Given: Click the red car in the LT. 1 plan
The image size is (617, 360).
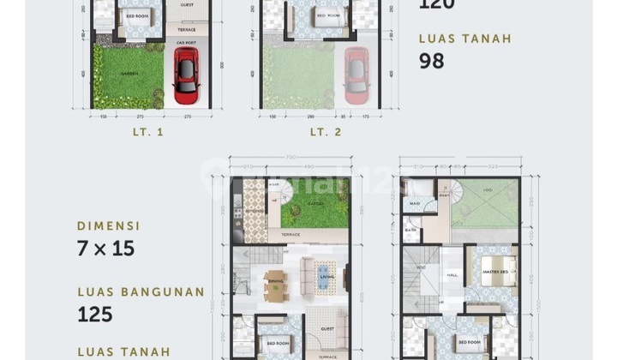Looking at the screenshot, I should point(186,75).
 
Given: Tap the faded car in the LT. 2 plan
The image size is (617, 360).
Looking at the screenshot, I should point(356,75).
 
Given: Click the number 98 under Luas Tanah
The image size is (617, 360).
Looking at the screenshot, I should point(431,61).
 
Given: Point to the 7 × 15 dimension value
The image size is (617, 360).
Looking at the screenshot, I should point(106,250).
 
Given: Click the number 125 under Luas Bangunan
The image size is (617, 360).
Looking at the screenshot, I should point(95,314).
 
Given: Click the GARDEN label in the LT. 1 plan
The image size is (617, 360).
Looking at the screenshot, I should point(129,74).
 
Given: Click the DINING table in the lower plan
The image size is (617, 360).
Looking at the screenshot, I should point(276,286).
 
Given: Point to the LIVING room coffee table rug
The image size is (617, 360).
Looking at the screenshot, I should point(323,276).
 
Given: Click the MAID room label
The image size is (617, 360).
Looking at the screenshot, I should point(414,203).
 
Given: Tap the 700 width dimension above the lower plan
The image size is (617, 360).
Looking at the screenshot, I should point(291,158).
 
